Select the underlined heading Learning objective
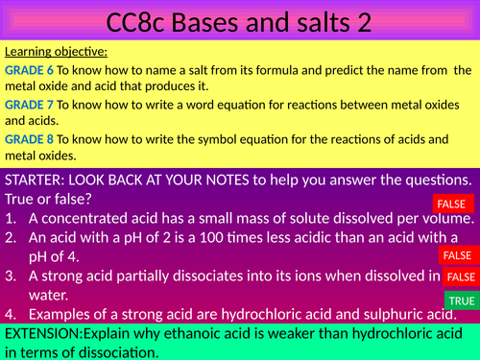click(56, 52)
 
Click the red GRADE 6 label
click(29, 70)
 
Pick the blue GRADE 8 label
click(29, 140)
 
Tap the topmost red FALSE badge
click(454, 204)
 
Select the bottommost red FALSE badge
click(462, 276)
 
